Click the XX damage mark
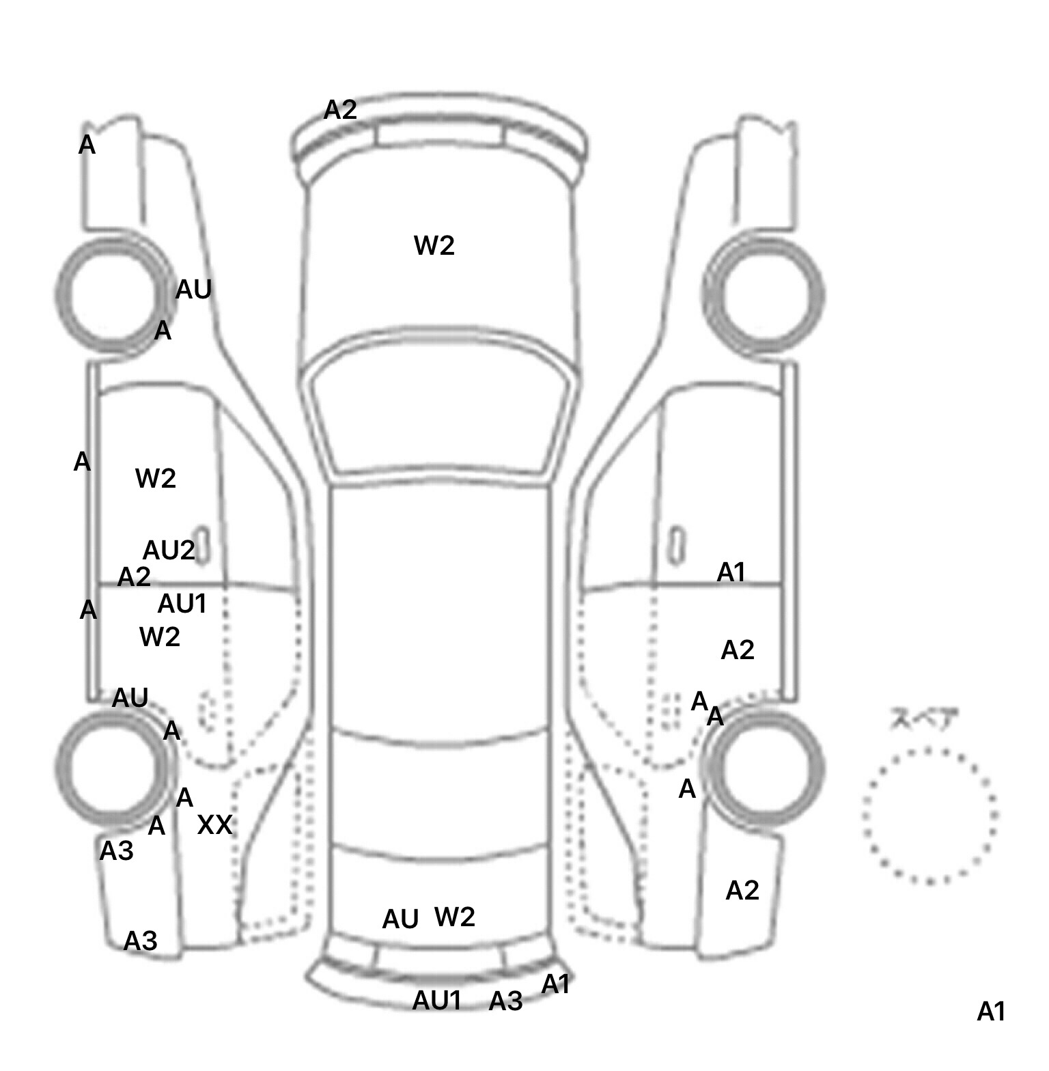pyautogui.click(x=214, y=824)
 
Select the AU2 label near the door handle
pyautogui.click(x=168, y=550)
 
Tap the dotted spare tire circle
pyautogui.click(x=929, y=816)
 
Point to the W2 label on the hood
pyautogui.click(x=434, y=245)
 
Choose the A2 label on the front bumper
pyautogui.click(x=339, y=110)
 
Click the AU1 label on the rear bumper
pyautogui.click(x=437, y=1001)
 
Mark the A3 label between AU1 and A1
pyautogui.click(x=505, y=1001)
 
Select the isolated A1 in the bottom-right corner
pyautogui.click(x=991, y=1012)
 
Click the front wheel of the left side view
pyautogui.click(x=113, y=294)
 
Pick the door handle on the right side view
pyautogui.click(x=676, y=544)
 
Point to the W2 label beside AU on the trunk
pyautogui.click(x=454, y=917)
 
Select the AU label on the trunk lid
pyautogui.click(x=400, y=919)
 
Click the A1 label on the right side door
pyautogui.click(x=731, y=572)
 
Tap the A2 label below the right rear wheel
pyautogui.click(x=742, y=891)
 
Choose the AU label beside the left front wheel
pyautogui.click(x=193, y=290)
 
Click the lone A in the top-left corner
pyautogui.click(x=87, y=145)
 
